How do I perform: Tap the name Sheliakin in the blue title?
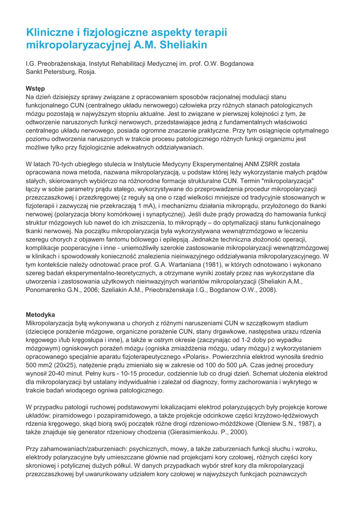181,45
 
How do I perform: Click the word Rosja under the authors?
86,72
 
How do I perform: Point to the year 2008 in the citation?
265,289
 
